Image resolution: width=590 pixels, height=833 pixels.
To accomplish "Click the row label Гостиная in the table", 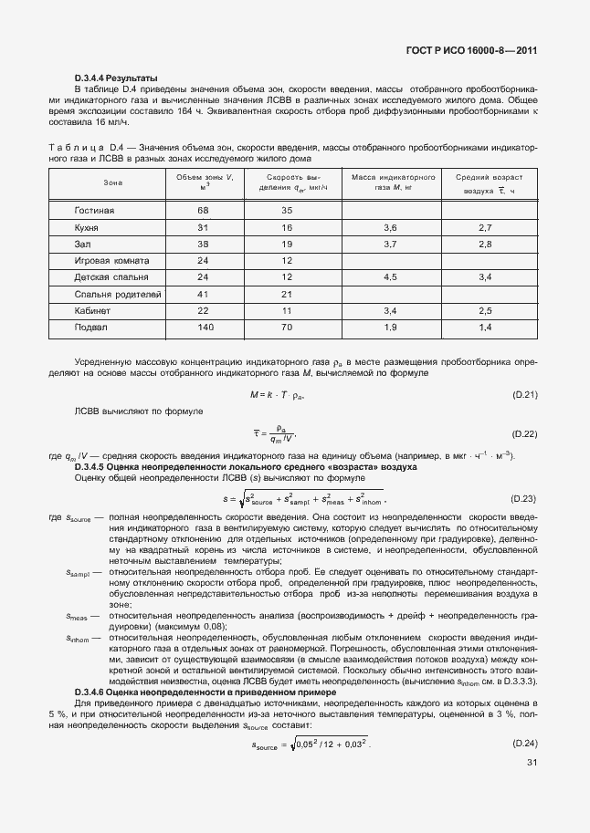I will [94, 211].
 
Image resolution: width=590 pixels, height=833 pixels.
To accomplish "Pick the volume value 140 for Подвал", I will [205, 327].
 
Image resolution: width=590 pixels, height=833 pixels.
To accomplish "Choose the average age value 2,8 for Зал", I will [485, 245].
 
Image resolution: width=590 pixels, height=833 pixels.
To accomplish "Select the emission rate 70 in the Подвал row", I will [286, 327].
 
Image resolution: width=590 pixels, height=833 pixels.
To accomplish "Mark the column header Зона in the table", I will [113, 182].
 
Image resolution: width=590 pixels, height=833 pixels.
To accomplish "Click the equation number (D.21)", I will [522, 394].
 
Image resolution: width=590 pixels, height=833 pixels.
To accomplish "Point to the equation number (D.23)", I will [522, 499].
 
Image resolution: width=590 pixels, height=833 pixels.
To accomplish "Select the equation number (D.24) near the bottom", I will [522, 745].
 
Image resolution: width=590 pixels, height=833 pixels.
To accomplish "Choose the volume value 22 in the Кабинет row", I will [204, 310].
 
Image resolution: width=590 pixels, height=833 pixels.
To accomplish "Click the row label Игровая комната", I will [112, 260].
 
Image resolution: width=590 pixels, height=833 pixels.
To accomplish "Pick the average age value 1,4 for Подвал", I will [485, 327].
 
